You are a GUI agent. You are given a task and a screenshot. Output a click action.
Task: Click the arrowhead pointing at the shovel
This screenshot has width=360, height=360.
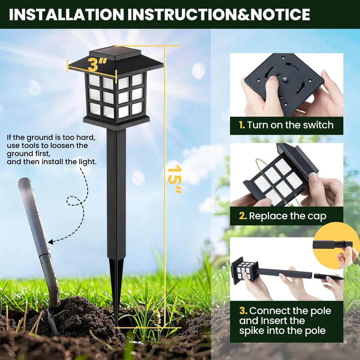(50, 242)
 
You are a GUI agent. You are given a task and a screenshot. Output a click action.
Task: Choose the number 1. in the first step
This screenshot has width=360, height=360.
(242, 125)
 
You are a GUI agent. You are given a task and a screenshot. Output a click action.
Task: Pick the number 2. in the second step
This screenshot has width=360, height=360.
(243, 216)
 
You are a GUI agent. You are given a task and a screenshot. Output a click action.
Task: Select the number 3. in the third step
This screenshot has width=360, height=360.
(243, 311)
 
